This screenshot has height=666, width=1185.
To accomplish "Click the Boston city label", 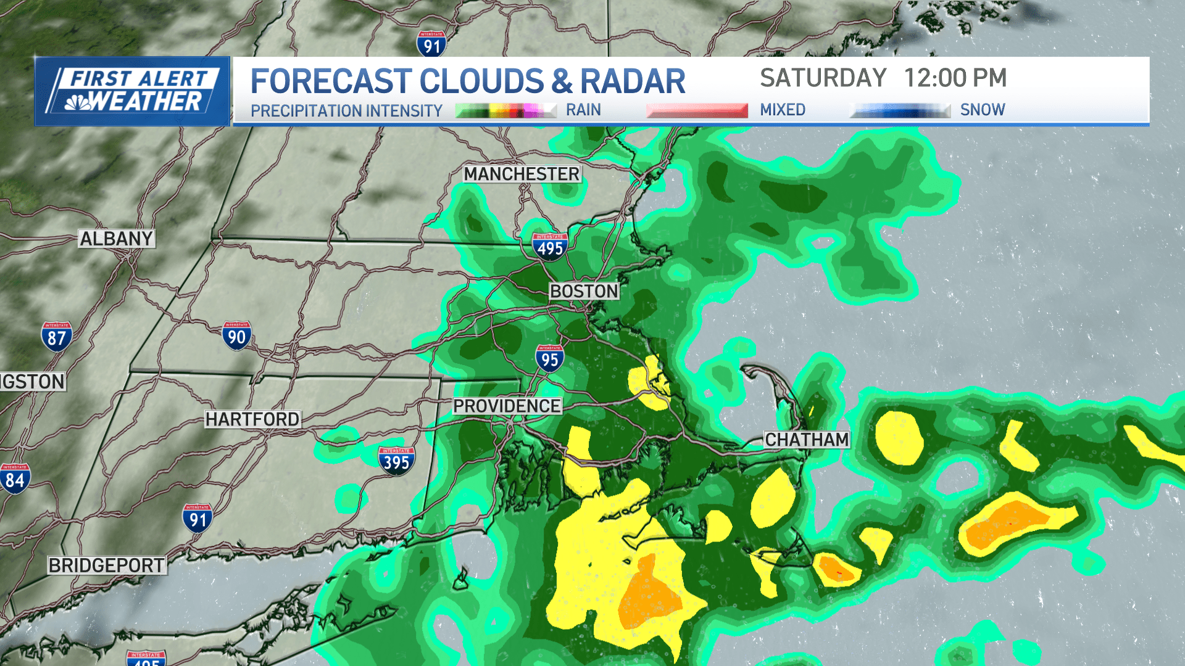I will pyautogui.click(x=584, y=291).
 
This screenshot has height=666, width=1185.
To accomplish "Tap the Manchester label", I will pyautogui.click(x=522, y=174).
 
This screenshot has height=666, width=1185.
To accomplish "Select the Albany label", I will pyautogui.click(x=116, y=239).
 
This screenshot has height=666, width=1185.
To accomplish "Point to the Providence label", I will pyautogui.click(x=507, y=406).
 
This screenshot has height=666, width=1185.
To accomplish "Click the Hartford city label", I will pyautogui.click(x=252, y=419).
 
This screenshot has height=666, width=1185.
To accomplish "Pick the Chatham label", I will pyautogui.click(x=807, y=440).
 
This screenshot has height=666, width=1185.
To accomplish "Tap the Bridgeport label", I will pyautogui.click(x=107, y=565).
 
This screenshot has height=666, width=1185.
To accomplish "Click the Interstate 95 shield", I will pyautogui.click(x=549, y=358).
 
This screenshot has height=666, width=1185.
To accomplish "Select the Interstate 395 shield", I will pyautogui.click(x=396, y=461).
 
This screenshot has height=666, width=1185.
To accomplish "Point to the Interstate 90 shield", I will pyautogui.click(x=236, y=335).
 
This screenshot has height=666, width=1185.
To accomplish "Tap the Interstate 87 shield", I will pyautogui.click(x=57, y=337).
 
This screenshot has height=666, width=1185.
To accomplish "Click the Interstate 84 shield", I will pyautogui.click(x=15, y=479).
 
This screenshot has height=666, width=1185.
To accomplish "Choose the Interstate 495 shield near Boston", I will pyautogui.click(x=550, y=246).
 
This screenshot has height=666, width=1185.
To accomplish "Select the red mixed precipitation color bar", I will pyautogui.click(x=697, y=110).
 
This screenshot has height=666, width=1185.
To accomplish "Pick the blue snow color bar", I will pyautogui.click(x=900, y=110).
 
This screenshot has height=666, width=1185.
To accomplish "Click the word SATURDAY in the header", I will pyautogui.click(x=823, y=78).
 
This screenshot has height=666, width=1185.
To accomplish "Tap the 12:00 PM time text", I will pyautogui.click(x=955, y=78).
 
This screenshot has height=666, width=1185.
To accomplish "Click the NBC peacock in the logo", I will pyautogui.click(x=78, y=102).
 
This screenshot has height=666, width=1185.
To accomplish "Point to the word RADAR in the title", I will pyautogui.click(x=633, y=81).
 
